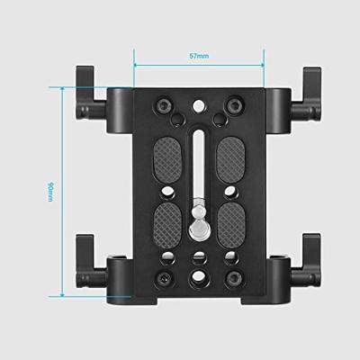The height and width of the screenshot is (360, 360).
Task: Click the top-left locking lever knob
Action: click(84, 82)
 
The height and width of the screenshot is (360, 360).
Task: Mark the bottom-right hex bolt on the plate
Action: click(237, 274)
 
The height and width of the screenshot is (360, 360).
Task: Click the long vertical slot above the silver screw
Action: click(199, 162)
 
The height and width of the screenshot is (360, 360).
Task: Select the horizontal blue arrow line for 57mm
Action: click(199, 64)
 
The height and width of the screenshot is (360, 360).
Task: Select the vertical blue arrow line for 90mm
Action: click(64, 191)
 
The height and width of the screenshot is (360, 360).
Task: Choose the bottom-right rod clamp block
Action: click(274, 274)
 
